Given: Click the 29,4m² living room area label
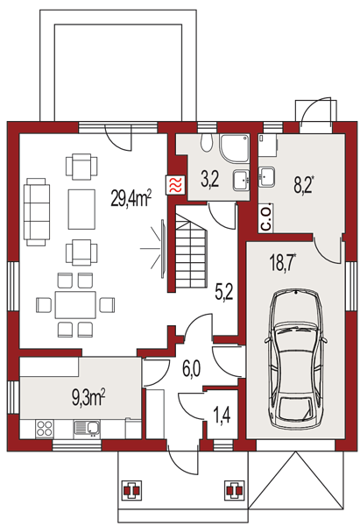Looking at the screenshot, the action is (x=131, y=199).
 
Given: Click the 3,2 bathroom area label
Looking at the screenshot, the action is (x=210, y=179).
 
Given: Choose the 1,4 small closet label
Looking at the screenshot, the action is (x=222, y=416).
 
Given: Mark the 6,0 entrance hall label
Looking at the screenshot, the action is (x=192, y=369).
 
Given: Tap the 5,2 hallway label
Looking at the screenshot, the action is (x=224, y=293).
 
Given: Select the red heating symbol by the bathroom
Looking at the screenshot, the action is (x=175, y=185).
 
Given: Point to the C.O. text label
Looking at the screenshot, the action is (x=266, y=217).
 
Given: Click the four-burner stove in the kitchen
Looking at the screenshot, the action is (x=45, y=428).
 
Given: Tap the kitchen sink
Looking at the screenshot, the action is (x=86, y=429).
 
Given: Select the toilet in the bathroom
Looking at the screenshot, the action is (x=206, y=143).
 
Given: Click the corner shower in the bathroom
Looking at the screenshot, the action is (x=235, y=147).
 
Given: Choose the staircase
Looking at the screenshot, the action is (x=191, y=247).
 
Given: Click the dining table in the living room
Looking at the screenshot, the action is (x=75, y=304).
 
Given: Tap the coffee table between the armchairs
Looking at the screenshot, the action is (x=81, y=209).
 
